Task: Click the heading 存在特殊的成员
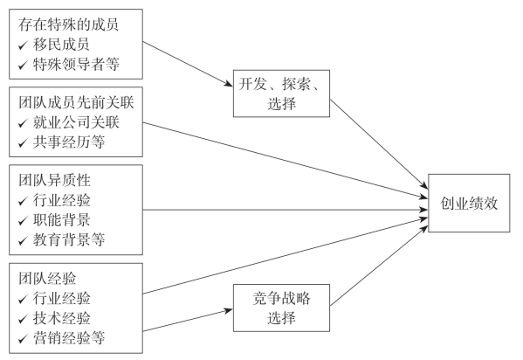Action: coord(68,24)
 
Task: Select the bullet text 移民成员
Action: coord(61,45)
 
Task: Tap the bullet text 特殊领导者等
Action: coord(76,64)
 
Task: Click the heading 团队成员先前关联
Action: coord(76,102)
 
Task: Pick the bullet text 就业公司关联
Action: coord(76,122)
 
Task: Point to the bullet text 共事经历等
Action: coord(69,142)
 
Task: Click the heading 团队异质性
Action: coord(54,180)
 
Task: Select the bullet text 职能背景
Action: coord(61,219)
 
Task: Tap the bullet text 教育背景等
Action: coord(69,239)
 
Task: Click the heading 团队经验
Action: coord(47,278)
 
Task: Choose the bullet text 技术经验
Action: coord(61,318)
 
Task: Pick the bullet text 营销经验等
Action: coord(69,337)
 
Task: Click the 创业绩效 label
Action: coord(469,203)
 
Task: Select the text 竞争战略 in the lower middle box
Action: coord(281,298)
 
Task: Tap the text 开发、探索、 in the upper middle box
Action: coord(279,84)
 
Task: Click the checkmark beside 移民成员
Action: coord(23,45)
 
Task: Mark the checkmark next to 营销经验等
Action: coord(23,338)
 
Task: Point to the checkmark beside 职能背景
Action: coord(23,220)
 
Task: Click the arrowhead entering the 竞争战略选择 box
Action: coord(229,310)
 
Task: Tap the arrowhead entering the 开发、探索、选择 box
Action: coord(229,84)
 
